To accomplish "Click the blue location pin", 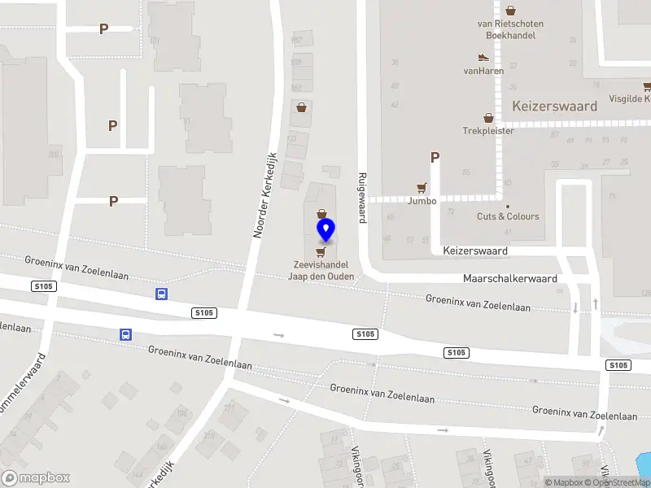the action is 325,229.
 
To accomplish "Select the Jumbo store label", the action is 422,201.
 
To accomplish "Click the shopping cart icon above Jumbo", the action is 422,187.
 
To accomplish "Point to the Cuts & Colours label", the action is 508,216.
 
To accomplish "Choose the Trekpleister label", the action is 488,130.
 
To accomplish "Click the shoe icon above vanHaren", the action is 483,58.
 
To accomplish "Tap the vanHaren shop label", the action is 483,71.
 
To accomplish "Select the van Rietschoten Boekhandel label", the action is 509,29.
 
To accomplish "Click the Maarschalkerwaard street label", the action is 510,278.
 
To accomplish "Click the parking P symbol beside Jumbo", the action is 435,158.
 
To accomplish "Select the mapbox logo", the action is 36,478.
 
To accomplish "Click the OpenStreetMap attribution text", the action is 616,483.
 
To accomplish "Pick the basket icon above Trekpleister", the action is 488,118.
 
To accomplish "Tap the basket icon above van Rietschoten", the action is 510,11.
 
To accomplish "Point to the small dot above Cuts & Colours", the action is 508,206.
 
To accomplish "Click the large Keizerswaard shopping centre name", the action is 554,106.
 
